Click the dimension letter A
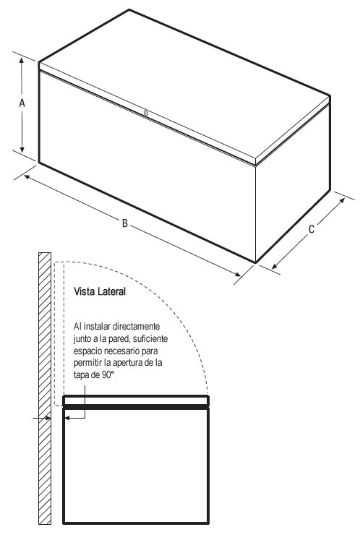coord(22,103)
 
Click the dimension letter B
coord(125,223)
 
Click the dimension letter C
coord(312,229)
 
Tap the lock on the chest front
coord(146,113)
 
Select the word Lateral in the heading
coord(111,291)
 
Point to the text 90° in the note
coord(108,375)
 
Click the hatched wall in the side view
coord(45,388)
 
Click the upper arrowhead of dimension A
coord(22,61)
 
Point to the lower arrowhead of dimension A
coord(22,149)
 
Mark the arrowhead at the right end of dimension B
coord(237,274)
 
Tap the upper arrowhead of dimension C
coord(341,201)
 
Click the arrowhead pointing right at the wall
coord(48,418)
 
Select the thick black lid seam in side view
coord(136,407)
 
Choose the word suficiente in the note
coord(150,338)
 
